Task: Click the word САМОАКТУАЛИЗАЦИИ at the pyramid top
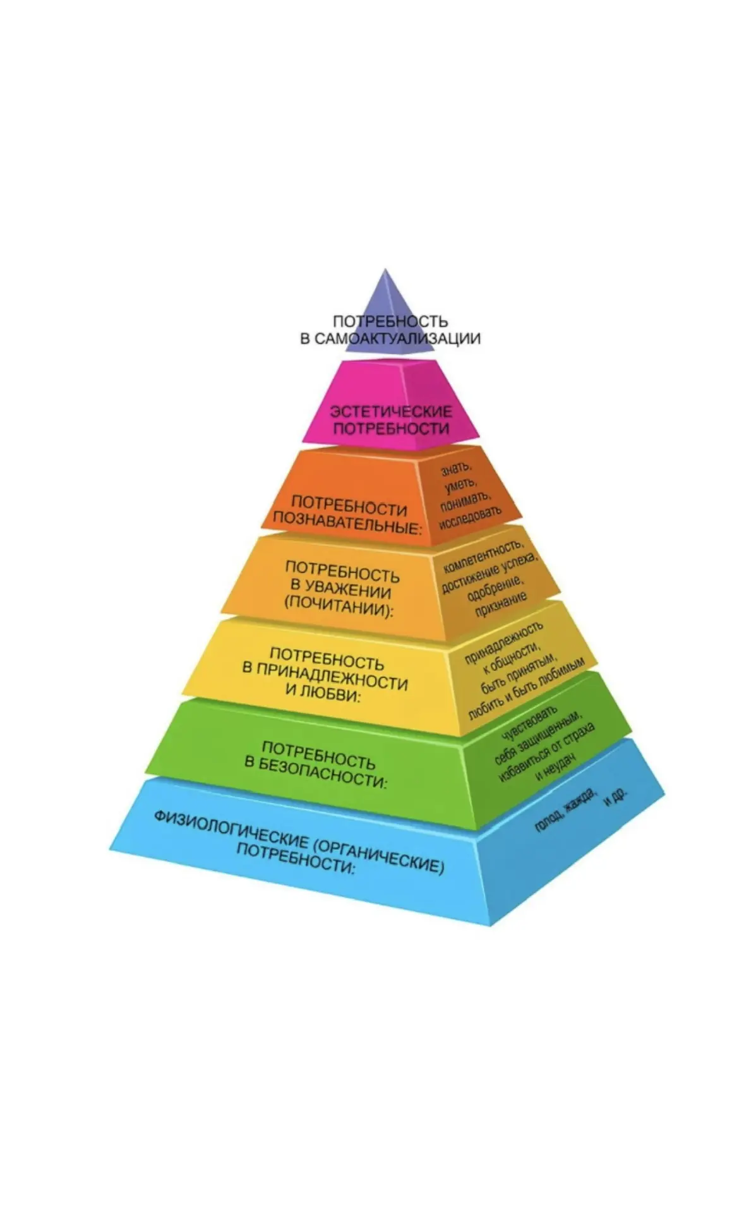(x=398, y=339)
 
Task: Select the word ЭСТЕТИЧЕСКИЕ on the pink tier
(x=392, y=412)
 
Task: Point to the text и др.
(x=616, y=798)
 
